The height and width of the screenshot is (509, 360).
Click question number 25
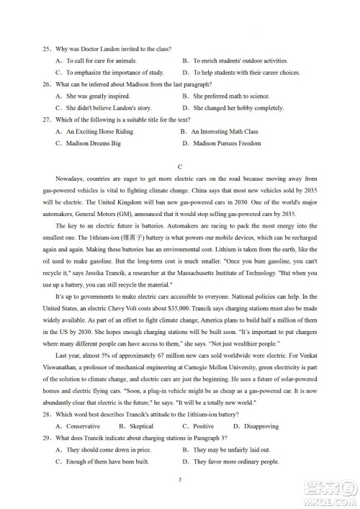coord(46,49)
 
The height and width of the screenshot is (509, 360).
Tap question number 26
coord(46,84)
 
